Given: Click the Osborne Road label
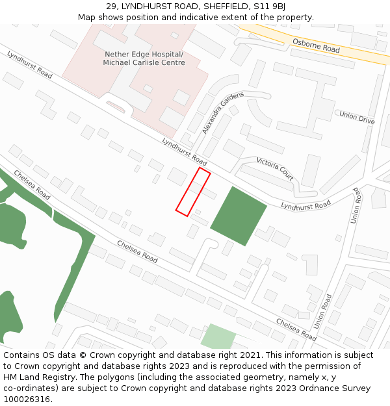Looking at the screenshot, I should click(x=316, y=45).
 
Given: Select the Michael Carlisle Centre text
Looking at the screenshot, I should click(x=144, y=63).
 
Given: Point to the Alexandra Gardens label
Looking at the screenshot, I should click(x=222, y=112).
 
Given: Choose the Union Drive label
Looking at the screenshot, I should click(x=357, y=118).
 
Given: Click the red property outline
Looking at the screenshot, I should click(x=193, y=192).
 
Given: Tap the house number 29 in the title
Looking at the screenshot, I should click(x=111, y=6).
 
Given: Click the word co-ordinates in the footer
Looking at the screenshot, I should click(x=31, y=388).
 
